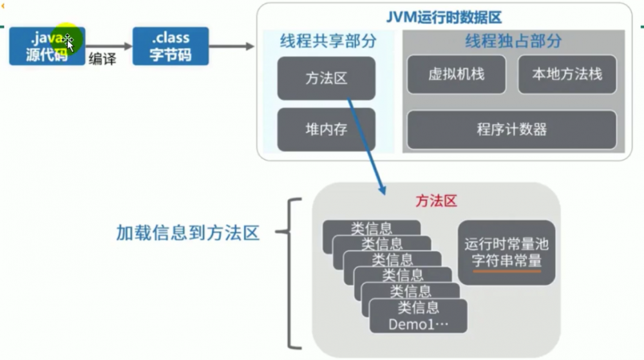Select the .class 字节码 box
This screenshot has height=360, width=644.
[x=171, y=46]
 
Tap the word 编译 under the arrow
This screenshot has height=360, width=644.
[x=102, y=59]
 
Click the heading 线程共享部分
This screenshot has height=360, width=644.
[x=327, y=42]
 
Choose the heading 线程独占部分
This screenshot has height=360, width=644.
[x=513, y=42]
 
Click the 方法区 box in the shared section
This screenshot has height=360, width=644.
[x=326, y=78]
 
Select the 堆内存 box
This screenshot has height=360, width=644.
[x=326, y=129]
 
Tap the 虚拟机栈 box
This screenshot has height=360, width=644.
[x=456, y=74]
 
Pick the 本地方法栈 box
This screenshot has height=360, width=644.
[x=567, y=74]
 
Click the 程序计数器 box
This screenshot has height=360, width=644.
[x=511, y=129]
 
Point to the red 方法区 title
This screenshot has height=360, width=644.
[x=435, y=201]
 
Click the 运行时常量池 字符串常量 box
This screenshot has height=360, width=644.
[x=506, y=252]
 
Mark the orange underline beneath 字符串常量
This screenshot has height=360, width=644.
[x=506, y=271]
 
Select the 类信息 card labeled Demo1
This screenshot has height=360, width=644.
[x=418, y=316]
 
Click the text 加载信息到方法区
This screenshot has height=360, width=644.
[x=187, y=232]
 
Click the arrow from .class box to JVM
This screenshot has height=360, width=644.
[x=232, y=46]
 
